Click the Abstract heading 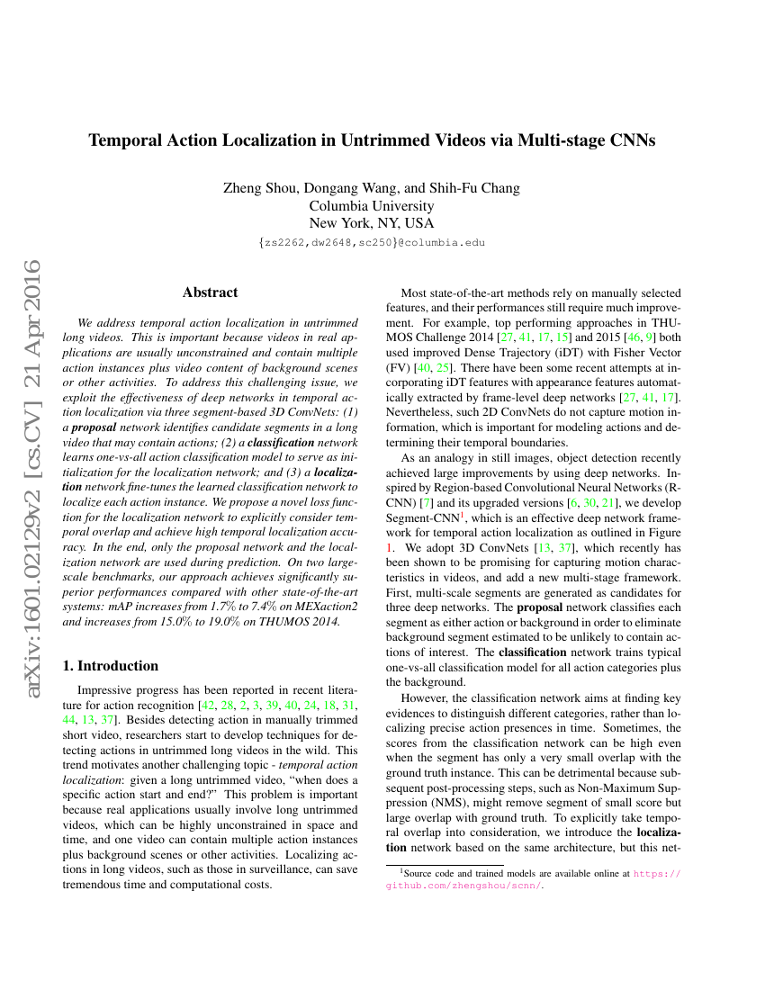point(210,292)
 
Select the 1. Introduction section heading point(110,641)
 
